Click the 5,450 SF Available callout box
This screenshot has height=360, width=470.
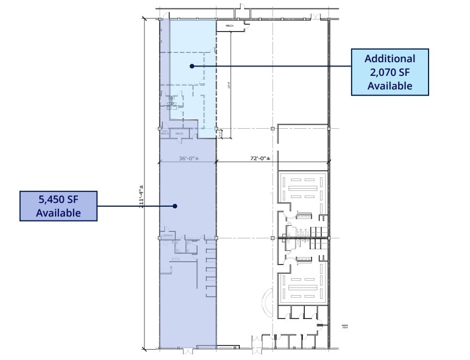pos(58,206)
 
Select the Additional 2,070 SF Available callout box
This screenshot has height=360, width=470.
pos(390,72)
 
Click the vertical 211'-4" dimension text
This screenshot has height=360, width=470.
pos(142,196)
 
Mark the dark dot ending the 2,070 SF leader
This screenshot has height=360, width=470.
pos(191,66)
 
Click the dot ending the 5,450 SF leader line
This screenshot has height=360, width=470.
pos(175,206)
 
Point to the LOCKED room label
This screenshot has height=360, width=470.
pos(167,235)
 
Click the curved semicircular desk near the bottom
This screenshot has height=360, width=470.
pos(268,302)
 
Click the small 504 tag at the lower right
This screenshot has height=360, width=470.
pos(345,327)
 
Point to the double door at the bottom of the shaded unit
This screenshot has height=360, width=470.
pos(188,350)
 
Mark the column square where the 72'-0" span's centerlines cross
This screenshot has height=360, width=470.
pos(272,129)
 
